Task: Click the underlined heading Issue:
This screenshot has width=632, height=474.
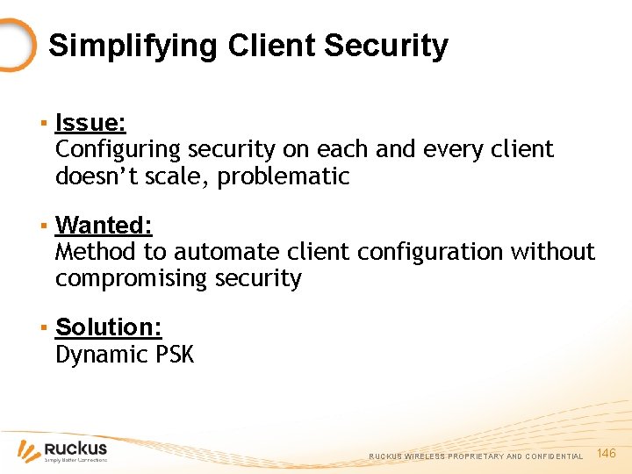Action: click(x=90, y=123)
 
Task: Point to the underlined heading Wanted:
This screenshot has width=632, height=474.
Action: click(x=104, y=226)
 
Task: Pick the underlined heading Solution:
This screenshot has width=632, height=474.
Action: click(x=108, y=327)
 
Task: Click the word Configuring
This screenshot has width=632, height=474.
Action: click(x=117, y=150)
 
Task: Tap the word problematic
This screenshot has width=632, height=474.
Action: click(x=284, y=176)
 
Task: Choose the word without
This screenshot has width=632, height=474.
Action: click(x=552, y=253)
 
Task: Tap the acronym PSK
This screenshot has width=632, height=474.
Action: click(x=174, y=355)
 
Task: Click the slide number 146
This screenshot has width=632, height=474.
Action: click(x=607, y=453)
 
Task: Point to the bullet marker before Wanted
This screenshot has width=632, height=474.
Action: click(x=42, y=226)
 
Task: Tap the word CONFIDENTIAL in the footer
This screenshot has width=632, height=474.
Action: click(x=554, y=456)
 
